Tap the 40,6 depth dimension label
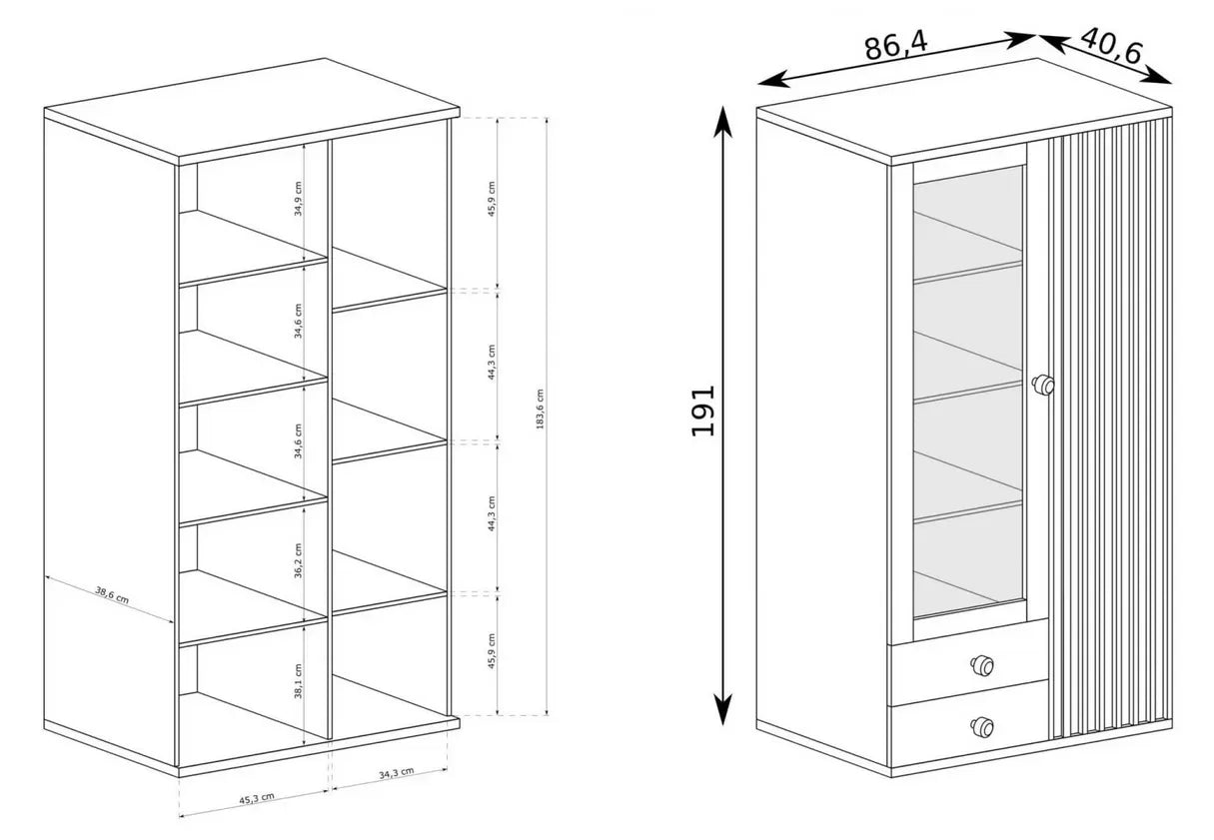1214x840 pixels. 1111,45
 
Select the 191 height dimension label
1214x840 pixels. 703,411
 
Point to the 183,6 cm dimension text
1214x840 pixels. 540,410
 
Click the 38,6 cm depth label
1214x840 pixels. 112,594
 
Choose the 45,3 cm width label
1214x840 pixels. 257,798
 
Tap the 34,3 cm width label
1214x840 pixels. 397,773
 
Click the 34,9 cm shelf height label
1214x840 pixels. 298,199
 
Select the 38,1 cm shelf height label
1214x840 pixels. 298,681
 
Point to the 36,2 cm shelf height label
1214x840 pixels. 298,561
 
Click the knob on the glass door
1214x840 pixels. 1043,386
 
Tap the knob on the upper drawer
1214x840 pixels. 982,665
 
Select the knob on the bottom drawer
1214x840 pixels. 982,727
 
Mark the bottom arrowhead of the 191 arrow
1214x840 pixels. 722,710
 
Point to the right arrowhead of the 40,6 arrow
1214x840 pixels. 1158,77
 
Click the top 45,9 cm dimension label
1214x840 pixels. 492,199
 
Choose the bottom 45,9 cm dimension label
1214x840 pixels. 492,651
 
